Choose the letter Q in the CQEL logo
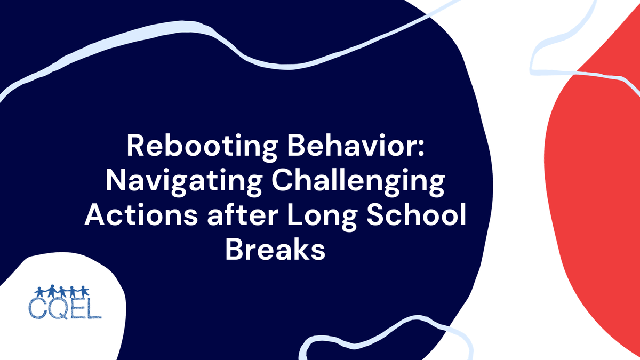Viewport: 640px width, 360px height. tap(58, 310)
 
